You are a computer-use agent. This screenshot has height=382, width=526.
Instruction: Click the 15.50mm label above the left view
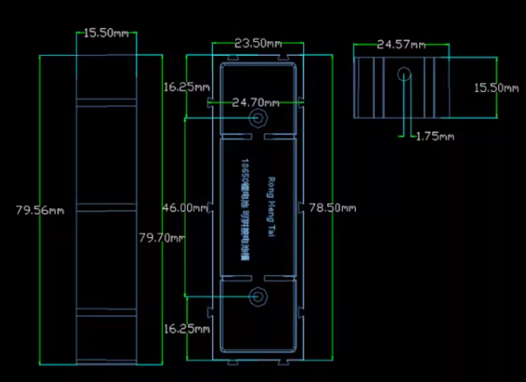(107, 33)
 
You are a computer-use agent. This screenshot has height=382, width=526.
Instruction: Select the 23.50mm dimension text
(259, 43)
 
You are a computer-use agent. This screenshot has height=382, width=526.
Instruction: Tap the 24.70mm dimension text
(255, 103)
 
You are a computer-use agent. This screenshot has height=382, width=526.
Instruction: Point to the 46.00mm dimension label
(185, 208)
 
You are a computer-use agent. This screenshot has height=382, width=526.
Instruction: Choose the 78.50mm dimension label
(332, 208)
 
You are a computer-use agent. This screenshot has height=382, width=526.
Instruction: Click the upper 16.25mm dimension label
(186, 87)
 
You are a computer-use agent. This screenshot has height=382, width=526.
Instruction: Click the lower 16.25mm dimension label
(186, 329)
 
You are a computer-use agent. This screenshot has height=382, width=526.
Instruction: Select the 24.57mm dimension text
(401, 45)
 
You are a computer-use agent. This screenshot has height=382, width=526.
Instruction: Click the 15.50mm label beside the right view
(497, 88)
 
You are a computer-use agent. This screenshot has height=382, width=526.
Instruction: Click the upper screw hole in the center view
(259, 118)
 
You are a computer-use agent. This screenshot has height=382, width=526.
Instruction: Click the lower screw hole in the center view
(259, 297)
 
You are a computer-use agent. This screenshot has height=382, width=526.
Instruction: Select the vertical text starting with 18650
(245, 210)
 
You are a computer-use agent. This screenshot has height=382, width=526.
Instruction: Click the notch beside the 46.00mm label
(212, 208)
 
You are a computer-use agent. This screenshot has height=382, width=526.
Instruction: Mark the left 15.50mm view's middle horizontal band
(106, 207)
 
